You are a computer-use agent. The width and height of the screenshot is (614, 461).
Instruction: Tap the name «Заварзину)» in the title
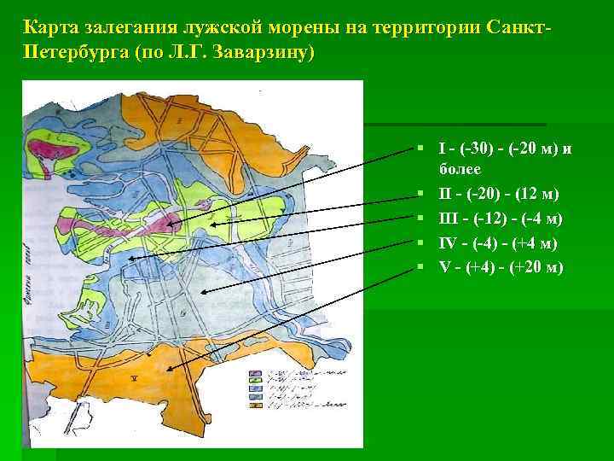[x=265, y=53]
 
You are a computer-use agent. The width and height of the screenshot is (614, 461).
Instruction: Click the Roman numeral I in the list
[x=442, y=149]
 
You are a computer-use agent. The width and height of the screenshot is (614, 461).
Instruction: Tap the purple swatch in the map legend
[x=254, y=373]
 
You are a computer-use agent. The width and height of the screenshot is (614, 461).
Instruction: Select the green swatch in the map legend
[x=254, y=381]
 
